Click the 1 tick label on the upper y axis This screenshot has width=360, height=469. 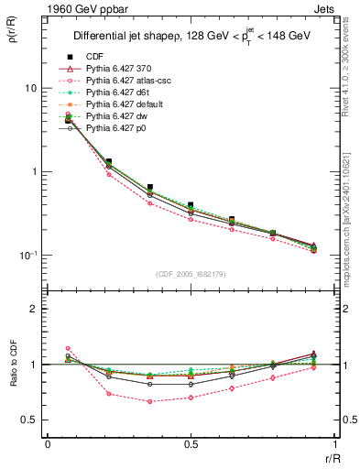click(34, 172)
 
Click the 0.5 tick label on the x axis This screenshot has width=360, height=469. click(190, 443)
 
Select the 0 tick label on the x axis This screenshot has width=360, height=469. click(48, 443)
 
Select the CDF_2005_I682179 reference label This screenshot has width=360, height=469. click(189, 274)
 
